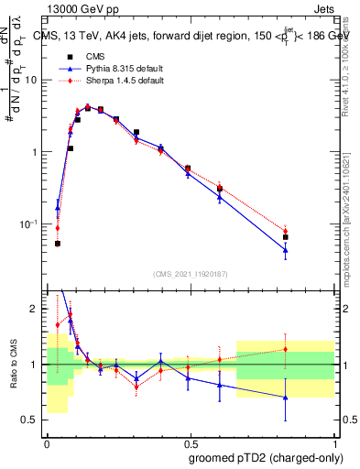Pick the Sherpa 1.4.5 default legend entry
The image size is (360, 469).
point(111,81)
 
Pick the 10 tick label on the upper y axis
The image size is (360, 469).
point(30,80)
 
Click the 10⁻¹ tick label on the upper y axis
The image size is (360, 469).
point(28,224)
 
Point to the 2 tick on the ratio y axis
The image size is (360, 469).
point(36,309)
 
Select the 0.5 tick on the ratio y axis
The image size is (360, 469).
point(32,420)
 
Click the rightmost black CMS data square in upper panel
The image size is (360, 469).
point(286,236)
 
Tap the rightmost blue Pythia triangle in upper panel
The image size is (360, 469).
point(286,249)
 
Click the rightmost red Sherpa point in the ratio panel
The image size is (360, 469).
point(286,349)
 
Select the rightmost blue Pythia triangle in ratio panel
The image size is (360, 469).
point(286,398)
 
